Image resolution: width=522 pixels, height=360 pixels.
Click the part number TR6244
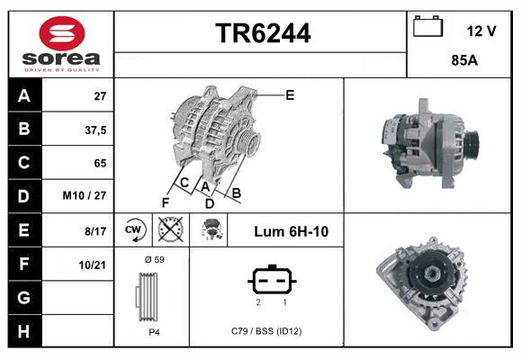[x=263, y=34]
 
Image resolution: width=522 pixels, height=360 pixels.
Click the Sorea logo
[x=61, y=44]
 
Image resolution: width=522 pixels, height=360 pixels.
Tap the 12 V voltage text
[x=481, y=31]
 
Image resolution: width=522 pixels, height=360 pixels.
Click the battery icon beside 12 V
[x=427, y=28]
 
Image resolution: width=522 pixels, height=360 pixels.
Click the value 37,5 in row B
[x=95, y=130]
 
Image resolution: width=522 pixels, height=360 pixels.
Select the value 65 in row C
[x=100, y=163]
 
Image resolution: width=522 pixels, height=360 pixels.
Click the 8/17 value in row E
[x=95, y=231]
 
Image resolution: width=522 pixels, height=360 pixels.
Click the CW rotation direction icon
[x=133, y=229]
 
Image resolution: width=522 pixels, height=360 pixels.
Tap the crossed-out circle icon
[x=169, y=229]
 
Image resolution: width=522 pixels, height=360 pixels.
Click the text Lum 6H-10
[x=291, y=231]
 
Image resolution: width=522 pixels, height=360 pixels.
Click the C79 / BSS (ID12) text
[x=266, y=331]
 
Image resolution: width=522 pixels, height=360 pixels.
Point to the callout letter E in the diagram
[x=290, y=94]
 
